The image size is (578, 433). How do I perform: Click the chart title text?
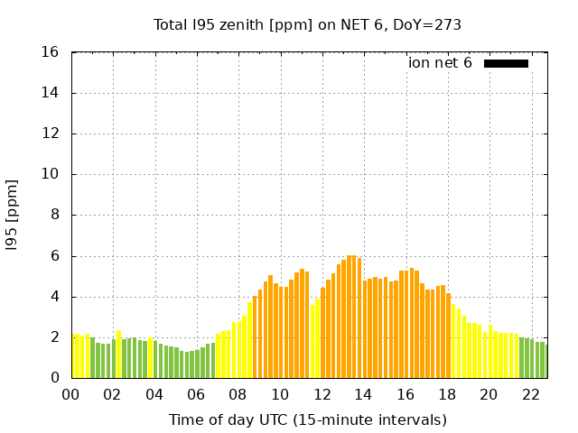(x=307, y=25)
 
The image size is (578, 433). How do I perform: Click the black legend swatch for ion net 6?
(x=506, y=63)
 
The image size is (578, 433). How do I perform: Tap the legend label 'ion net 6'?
(x=440, y=63)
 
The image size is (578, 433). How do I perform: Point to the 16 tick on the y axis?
(x=51, y=52)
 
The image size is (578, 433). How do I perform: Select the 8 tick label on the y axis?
(x=56, y=216)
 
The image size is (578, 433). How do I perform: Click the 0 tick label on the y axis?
(x=56, y=378)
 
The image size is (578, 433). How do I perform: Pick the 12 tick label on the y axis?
(x=51, y=134)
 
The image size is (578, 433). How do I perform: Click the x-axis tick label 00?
(x=70, y=395)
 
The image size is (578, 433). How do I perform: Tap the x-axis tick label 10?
(x=280, y=395)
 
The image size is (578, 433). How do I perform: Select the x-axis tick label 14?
(x=363, y=395)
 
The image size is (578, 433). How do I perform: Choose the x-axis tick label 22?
(x=530, y=395)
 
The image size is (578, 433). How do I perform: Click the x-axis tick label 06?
(x=196, y=395)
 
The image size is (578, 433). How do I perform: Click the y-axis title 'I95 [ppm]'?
(x=12, y=216)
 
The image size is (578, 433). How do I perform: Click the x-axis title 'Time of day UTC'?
(x=307, y=420)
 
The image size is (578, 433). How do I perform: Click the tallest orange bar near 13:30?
(x=351, y=317)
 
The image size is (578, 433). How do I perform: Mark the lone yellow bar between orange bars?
(x=312, y=341)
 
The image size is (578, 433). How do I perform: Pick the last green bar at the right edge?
(x=545, y=361)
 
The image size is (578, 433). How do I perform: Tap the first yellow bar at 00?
(x=74, y=356)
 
